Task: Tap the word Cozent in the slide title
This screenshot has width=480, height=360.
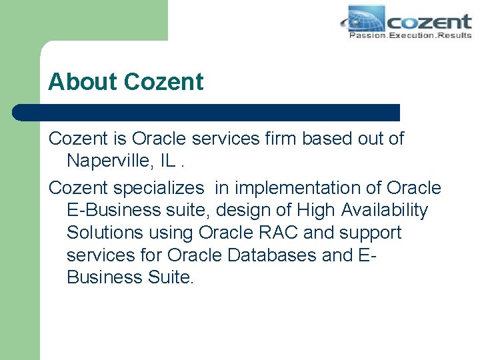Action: coord(163,82)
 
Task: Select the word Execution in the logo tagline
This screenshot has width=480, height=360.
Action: coord(411,35)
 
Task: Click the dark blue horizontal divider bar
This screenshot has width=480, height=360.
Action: coord(207,112)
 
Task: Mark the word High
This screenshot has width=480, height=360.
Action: coord(317,211)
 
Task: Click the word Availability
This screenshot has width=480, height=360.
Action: coord(385,211)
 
